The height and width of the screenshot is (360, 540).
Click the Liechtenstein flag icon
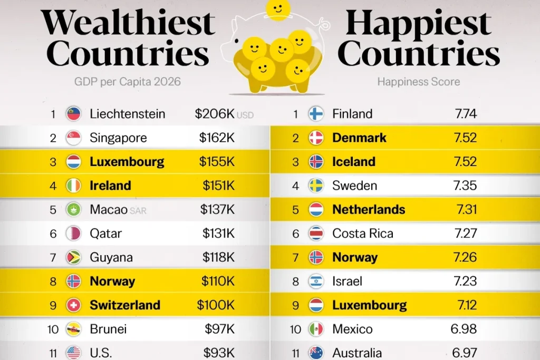click(x=73, y=113)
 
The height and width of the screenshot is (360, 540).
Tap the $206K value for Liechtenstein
click(x=214, y=113)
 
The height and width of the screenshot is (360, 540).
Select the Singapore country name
click(x=119, y=138)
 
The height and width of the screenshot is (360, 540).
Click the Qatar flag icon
click(x=73, y=233)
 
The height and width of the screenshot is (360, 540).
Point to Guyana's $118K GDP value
click(x=218, y=257)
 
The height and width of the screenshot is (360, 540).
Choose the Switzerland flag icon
click(x=73, y=305)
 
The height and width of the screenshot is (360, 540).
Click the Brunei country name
click(x=108, y=329)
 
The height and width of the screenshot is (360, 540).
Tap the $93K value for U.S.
click(x=219, y=352)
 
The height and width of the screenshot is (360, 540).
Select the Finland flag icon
click(x=316, y=113)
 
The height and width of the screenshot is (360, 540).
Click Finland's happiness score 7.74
click(x=465, y=113)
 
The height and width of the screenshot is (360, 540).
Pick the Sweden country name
click(x=354, y=186)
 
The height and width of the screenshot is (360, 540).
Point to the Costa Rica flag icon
click(x=316, y=233)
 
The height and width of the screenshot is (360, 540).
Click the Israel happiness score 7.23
click(x=465, y=281)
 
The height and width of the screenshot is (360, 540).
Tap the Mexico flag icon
click(x=316, y=329)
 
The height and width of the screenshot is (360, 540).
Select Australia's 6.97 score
click(x=465, y=352)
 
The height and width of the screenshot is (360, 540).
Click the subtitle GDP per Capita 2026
click(x=127, y=82)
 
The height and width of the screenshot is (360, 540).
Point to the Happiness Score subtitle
click(x=418, y=82)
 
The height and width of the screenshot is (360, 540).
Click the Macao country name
click(x=109, y=209)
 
